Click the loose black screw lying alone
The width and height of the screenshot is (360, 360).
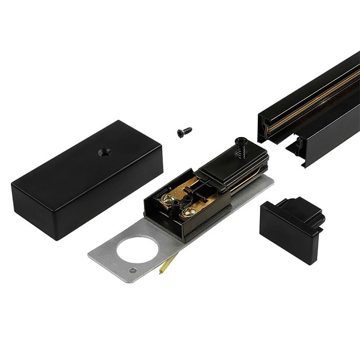[x=183, y=131]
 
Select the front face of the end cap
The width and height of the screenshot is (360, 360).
[x=280, y=227]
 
